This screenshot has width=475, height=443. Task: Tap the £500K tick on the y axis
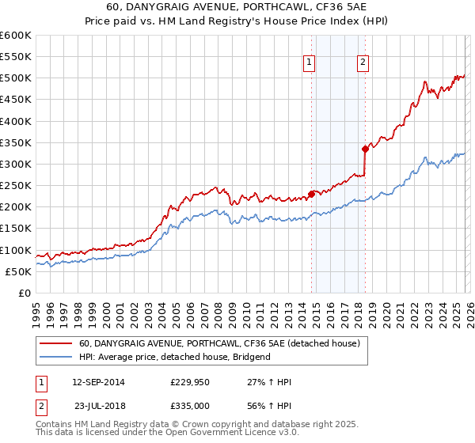click(x=16, y=78)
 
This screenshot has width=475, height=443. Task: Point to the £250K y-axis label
click(x=16, y=186)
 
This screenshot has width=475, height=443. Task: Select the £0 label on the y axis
click(x=24, y=293)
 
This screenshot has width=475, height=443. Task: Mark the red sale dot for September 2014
click(x=311, y=194)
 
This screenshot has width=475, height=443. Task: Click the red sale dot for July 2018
click(x=365, y=149)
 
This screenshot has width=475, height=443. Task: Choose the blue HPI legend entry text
click(x=174, y=357)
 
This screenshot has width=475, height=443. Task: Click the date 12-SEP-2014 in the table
click(x=98, y=382)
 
